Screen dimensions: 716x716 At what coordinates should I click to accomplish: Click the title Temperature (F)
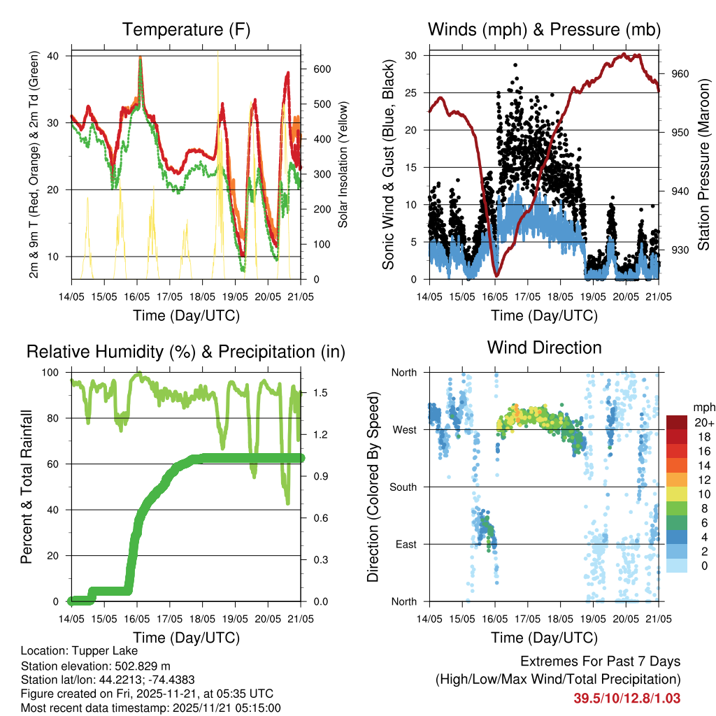tap(186, 29)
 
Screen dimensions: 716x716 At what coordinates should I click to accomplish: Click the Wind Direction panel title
tap(544, 347)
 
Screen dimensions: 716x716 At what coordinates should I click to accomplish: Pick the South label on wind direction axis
tap(403, 487)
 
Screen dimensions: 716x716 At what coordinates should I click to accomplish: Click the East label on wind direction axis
tap(406, 544)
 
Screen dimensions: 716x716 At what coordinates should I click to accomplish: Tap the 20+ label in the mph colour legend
tap(703, 422)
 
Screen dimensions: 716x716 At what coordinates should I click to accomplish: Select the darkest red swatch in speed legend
tap(677, 422)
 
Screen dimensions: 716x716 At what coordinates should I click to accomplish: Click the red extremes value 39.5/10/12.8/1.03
tap(627, 698)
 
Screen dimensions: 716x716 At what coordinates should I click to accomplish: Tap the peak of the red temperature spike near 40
tap(141, 57)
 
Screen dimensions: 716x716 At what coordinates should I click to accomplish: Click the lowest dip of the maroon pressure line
tap(495, 275)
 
